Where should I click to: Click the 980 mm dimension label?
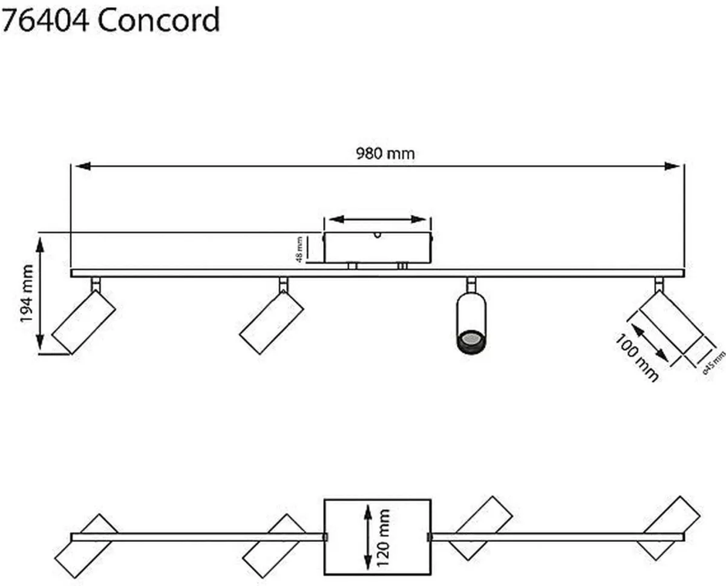pos(385,154)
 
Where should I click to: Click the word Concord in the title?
pos(158,21)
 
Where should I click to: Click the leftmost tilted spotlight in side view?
pos(83,321)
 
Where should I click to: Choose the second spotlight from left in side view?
pos(272,321)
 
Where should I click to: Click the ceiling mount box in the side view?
pos(378,247)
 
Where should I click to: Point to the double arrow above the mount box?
pos(377,219)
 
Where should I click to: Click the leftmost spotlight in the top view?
pos(91,546)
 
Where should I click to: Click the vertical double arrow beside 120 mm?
pos(367,536)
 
